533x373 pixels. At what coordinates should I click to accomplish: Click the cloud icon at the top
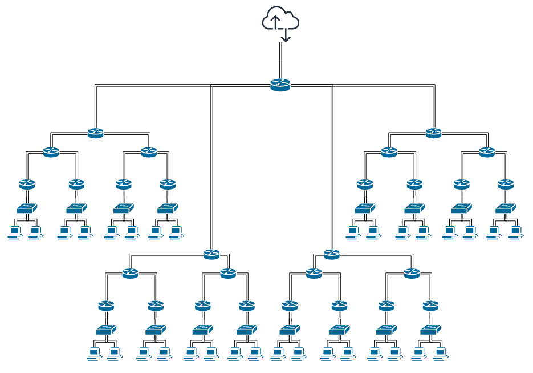point(280,20)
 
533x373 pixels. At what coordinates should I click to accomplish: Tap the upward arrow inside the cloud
point(276,22)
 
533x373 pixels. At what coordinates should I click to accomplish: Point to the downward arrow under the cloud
point(286,35)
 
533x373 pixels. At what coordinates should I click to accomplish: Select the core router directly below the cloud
point(280,85)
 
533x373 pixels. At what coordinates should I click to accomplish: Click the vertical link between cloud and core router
point(280,60)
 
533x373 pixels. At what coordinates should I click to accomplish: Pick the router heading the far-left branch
point(96,133)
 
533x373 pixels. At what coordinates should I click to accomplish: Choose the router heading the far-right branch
point(433,133)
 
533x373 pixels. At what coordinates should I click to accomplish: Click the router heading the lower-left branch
point(211,254)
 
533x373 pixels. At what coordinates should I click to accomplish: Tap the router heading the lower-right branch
point(331,254)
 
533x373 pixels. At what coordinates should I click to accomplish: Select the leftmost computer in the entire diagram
point(15,232)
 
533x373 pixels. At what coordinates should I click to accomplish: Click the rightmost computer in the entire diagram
point(515,232)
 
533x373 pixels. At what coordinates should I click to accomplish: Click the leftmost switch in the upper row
point(27,208)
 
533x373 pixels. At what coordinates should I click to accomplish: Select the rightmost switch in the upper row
point(506,208)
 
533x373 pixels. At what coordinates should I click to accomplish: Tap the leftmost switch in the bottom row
point(106,330)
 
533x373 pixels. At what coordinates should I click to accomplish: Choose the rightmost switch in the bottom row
point(430,330)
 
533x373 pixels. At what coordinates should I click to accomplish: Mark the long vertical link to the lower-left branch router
point(211,171)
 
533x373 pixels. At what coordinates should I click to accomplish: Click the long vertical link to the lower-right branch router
point(331,171)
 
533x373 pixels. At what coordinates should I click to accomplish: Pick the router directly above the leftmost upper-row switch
point(27,185)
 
